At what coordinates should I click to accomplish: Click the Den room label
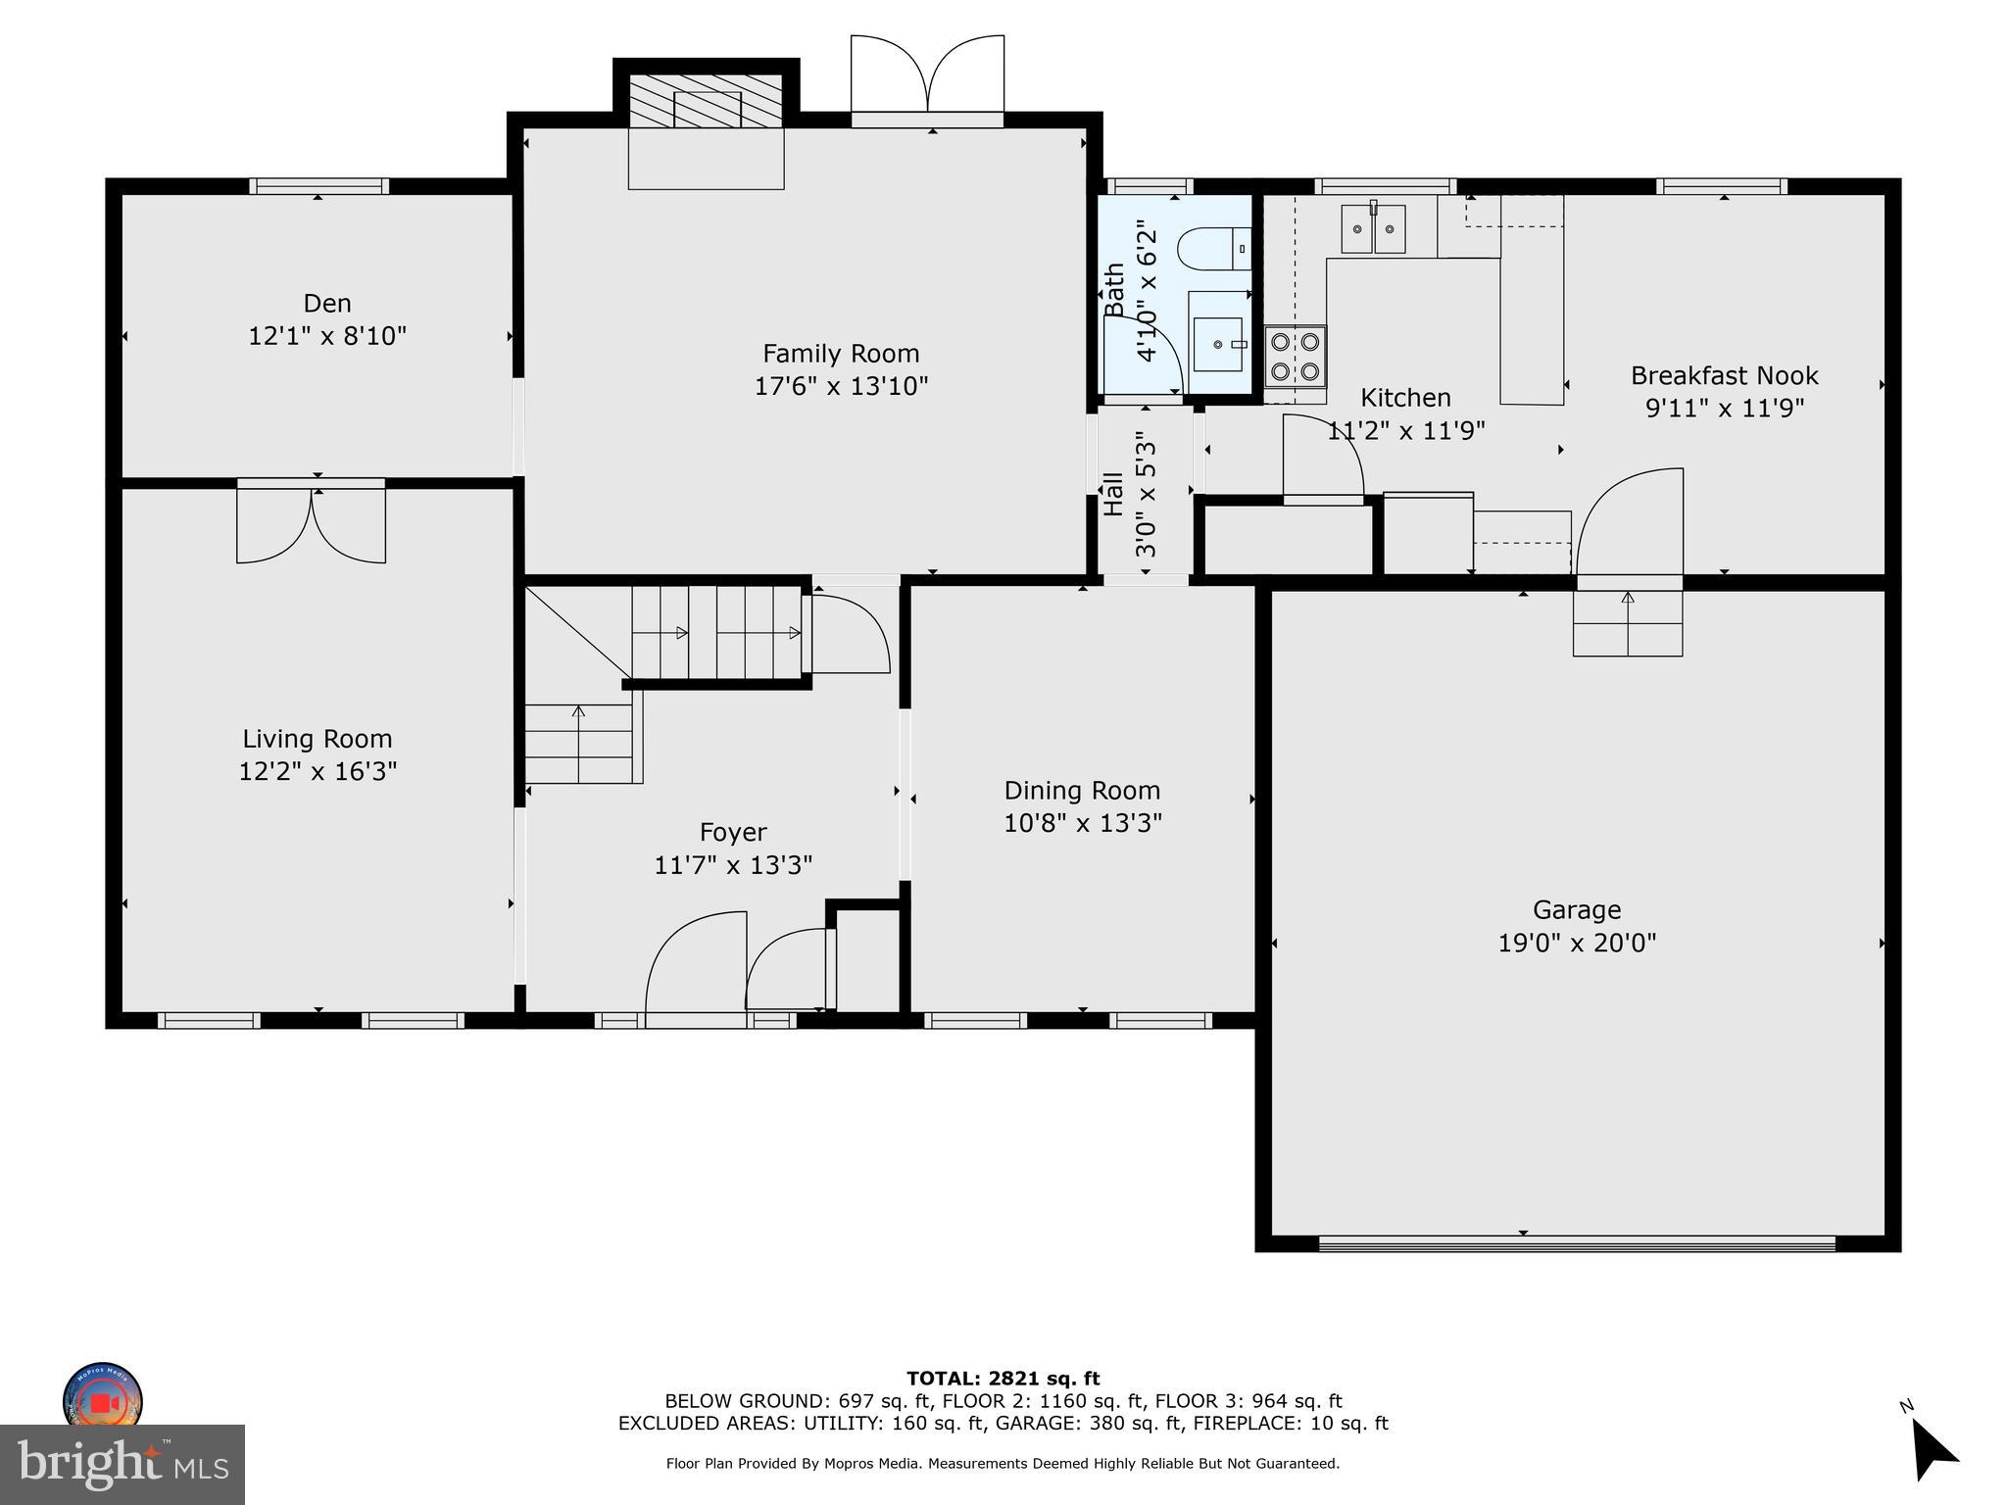(x=326, y=304)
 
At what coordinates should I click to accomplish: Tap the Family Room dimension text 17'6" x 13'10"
(x=841, y=386)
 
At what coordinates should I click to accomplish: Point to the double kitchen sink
(x=1372, y=229)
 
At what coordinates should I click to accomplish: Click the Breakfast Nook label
(x=1724, y=375)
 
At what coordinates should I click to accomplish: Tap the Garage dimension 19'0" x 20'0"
(x=1577, y=943)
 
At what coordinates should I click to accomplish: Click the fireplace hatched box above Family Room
(x=706, y=101)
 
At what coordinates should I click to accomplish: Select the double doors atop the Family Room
(x=927, y=76)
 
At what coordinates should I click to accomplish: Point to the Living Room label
(x=317, y=739)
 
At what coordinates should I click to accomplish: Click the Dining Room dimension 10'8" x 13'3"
(x=1082, y=823)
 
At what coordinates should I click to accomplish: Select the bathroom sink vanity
(x=1219, y=345)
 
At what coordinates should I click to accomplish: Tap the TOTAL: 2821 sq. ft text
(x=1003, y=1379)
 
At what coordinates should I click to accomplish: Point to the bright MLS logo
(x=122, y=1464)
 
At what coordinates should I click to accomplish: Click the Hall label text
(x=1113, y=495)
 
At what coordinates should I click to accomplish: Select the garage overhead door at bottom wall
(x=1576, y=1243)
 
